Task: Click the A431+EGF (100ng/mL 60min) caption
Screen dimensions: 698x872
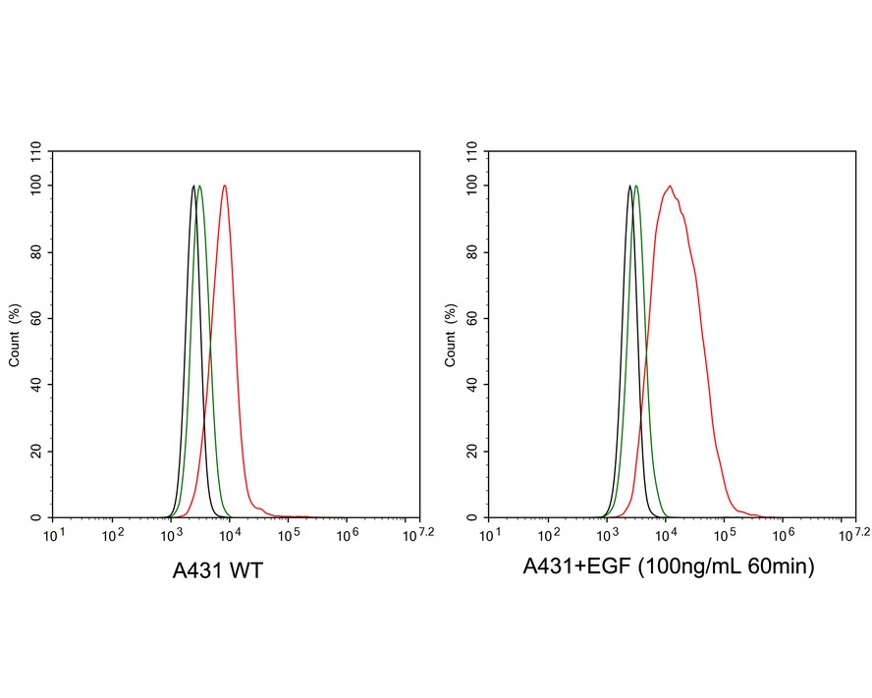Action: (668, 566)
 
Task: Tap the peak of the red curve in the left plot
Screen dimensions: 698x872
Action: (225, 186)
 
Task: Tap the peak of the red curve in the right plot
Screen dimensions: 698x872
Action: (669, 186)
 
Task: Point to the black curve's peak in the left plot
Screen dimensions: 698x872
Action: (193, 186)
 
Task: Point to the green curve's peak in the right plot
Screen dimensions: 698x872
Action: (636, 186)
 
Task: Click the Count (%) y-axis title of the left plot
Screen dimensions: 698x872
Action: (15, 335)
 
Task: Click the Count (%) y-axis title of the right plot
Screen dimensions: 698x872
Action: (452, 335)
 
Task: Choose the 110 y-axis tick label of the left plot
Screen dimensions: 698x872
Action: (35, 152)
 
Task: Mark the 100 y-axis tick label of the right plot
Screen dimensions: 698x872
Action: (472, 186)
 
